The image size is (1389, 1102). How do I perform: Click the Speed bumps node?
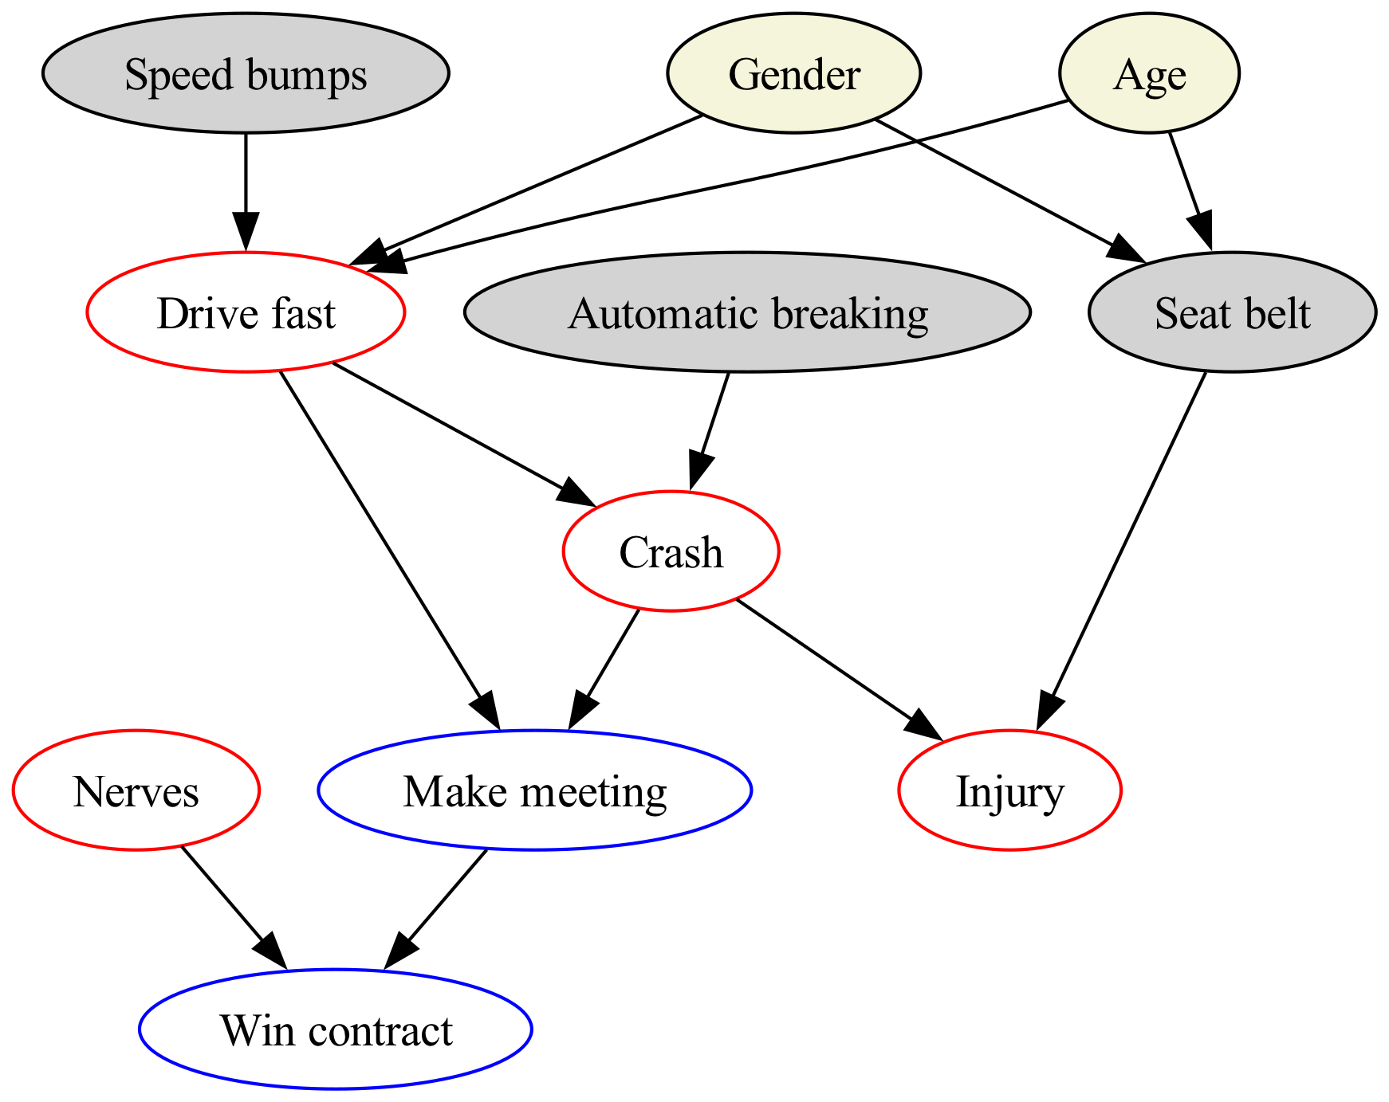point(246,73)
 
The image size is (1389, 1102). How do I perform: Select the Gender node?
point(794,73)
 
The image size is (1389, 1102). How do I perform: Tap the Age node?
point(1149,73)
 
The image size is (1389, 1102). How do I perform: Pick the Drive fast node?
point(246,312)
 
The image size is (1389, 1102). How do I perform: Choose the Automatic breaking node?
point(747,312)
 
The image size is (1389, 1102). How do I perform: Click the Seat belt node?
point(1232,312)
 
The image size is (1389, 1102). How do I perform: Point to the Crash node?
point(671,551)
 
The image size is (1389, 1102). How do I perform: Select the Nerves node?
point(136,790)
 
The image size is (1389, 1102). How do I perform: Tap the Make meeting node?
point(534,790)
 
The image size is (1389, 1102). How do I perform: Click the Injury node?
point(1009,790)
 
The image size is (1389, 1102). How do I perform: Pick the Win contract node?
point(336,1029)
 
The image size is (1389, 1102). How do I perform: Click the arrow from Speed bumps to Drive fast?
point(246,193)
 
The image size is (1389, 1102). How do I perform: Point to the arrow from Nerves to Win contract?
point(233,908)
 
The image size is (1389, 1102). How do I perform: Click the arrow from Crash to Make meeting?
point(604,669)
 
